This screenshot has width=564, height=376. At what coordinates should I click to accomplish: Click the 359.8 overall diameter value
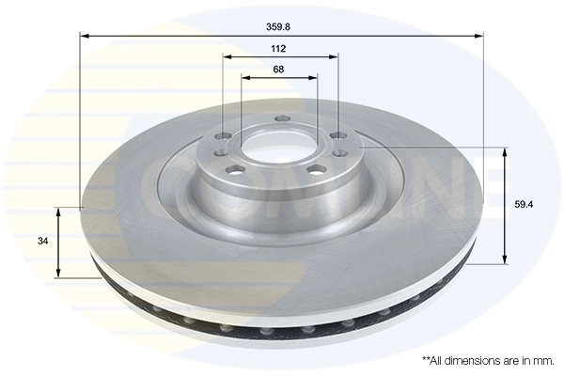click(279, 26)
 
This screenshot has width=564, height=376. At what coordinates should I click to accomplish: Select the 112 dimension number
click(278, 50)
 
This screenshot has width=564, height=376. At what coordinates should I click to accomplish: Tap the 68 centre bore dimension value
click(278, 70)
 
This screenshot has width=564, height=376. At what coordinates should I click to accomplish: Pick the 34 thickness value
click(41, 242)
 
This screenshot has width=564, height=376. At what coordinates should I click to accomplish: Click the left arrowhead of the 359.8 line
click(86, 36)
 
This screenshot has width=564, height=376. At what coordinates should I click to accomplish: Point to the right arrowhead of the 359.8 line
click(478, 36)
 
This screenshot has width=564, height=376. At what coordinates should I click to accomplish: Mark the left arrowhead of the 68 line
click(246, 78)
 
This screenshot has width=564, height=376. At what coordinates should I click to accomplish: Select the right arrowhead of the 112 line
click(332, 57)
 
